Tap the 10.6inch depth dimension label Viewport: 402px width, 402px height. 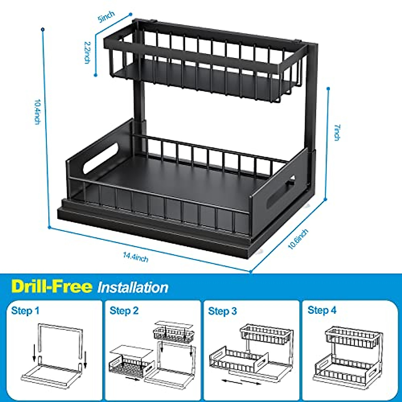coord(298,239)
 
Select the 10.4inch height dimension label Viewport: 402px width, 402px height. coord(38,112)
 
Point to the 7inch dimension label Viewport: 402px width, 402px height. coord(337,132)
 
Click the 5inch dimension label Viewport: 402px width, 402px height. coord(106,17)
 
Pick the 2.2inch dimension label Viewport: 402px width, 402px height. coord(87,52)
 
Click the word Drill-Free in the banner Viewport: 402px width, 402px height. coord(51,287)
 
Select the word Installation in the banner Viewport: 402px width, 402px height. coord(133,288)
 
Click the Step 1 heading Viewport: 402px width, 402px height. coord(25,311)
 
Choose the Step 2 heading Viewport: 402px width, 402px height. coord(124,311)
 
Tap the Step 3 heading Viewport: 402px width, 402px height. coord(222,311)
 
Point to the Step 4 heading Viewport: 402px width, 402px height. coord(322,310)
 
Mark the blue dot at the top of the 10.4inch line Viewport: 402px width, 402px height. coord(43,29)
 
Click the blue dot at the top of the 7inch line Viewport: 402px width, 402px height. coord(328,89)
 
